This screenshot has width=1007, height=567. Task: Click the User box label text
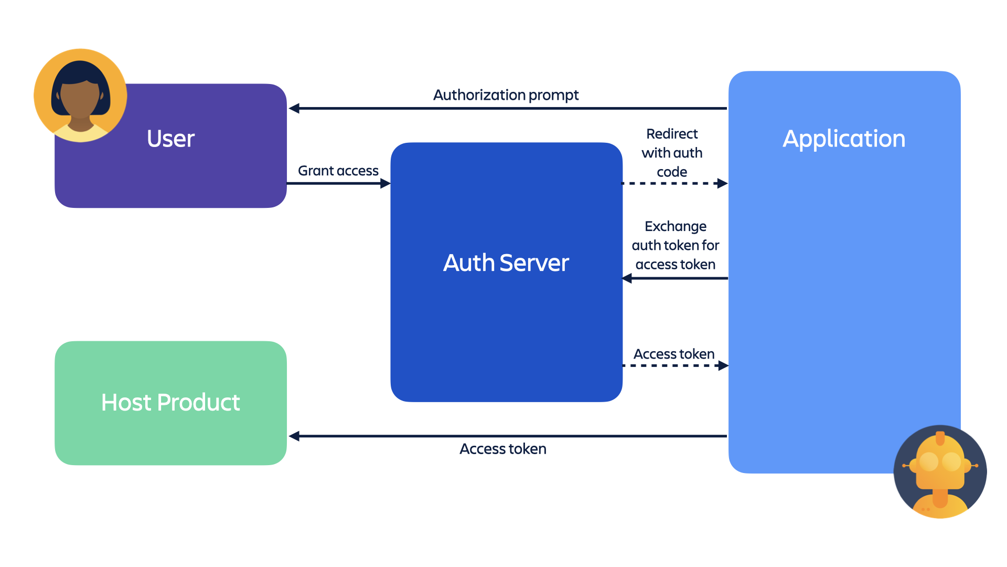point(170,139)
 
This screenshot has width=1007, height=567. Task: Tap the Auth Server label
point(506,263)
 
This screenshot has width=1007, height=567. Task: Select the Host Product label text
point(170,403)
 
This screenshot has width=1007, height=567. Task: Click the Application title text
point(844,139)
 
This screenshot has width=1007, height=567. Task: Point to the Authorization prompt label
point(506,95)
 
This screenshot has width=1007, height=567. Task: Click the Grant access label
point(338,171)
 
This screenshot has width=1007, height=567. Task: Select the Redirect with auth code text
point(672,153)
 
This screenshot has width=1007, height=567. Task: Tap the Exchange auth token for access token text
point(675,245)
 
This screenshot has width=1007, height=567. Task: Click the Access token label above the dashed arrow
point(674,354)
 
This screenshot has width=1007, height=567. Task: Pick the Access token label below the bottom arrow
point(502,449)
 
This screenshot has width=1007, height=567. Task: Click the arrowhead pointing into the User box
point(294,108)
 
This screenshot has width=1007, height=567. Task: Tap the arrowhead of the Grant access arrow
point(385,183)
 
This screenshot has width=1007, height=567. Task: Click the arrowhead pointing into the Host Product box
point(294,436)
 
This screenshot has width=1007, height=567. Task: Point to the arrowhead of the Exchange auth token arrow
point(627,278)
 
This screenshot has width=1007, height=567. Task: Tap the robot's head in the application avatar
point(940,462)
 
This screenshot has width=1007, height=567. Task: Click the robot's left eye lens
point(928,462)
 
